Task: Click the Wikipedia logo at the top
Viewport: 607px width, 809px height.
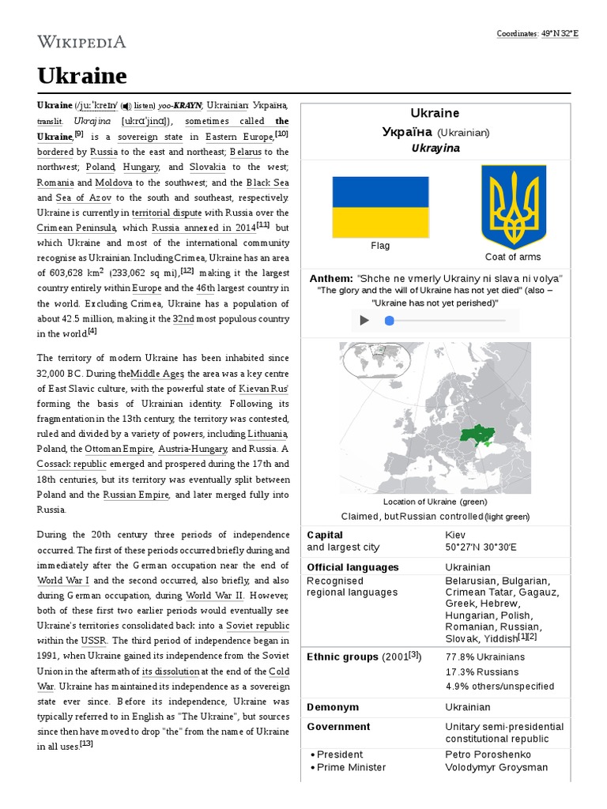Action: pos(81,42)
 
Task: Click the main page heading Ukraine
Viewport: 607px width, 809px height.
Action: pos(81,76)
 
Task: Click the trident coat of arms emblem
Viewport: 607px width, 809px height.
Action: pos(513,207)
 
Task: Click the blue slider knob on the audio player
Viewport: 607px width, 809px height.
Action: pos(389,320)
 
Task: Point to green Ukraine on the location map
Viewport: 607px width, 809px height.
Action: pos(478,434)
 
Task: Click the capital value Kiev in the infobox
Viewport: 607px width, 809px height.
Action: pos(456,535)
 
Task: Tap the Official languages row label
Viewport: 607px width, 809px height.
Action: pos(353,567)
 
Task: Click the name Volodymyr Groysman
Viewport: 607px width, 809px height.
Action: pos(496,767)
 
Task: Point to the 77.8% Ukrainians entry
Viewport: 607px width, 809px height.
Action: pos(484,657)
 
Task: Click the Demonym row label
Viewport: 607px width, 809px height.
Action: pos(332,707)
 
